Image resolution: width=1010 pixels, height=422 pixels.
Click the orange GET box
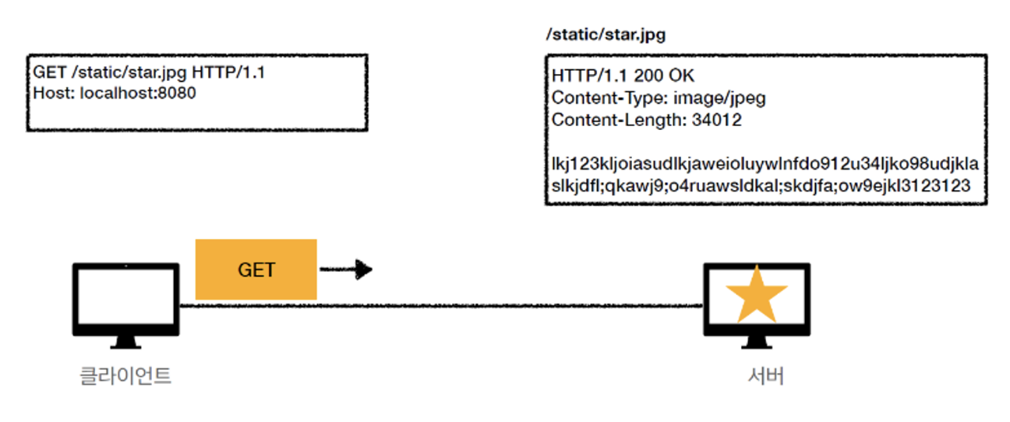pos(256,269)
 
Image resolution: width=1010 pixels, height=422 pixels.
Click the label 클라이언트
pos(125,377)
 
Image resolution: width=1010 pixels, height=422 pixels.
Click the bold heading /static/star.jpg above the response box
pos(606,35)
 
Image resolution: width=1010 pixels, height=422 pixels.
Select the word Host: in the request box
pos(54,93)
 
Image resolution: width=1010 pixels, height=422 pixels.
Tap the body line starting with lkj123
pos(765,165)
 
